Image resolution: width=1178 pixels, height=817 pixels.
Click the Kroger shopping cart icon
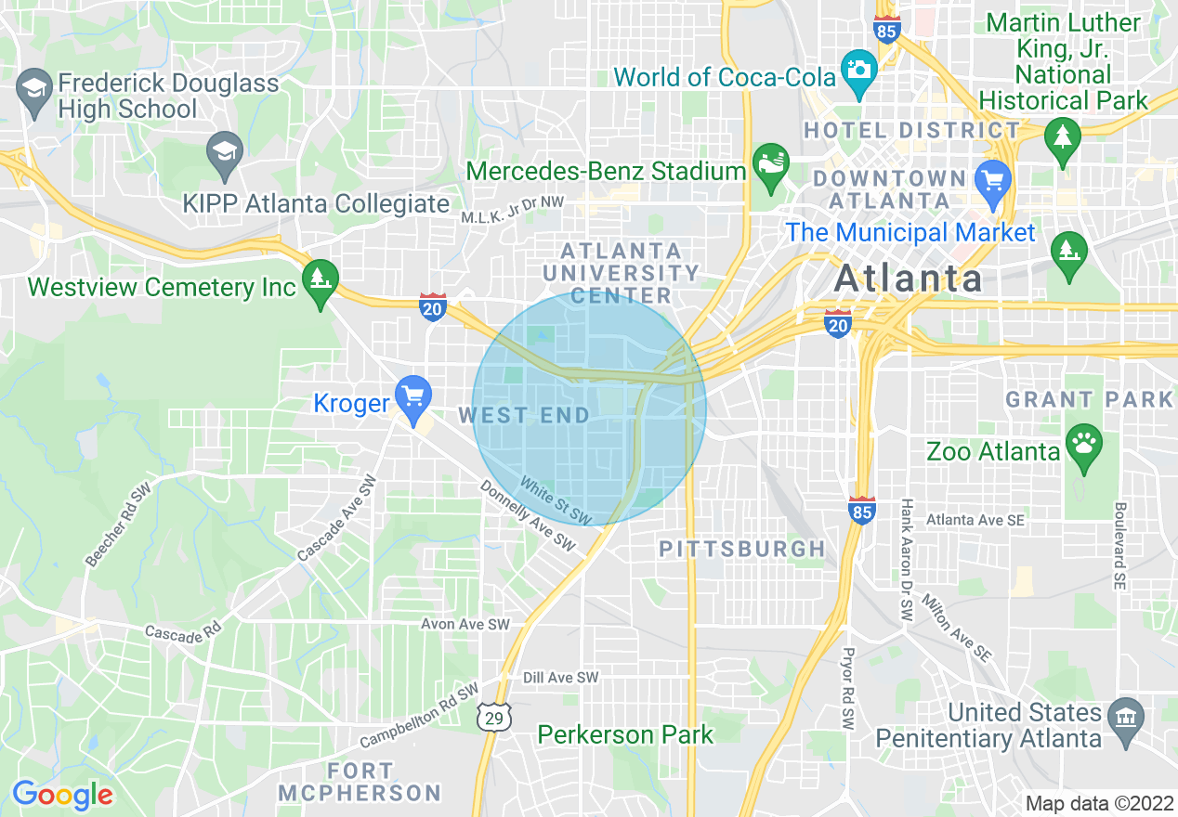pyautogui.click(x=413, y=396)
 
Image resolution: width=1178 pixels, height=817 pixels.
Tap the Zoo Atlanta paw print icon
pyautogui.click(x=1083, y=442)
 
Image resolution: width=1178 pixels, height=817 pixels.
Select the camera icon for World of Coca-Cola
pyautogui.click(x=859, y=70)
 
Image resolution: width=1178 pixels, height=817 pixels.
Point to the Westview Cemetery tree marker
pyautogui.click(x=321, y=277)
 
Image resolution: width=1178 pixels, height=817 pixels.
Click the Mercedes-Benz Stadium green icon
pyautogui.click(x=770, y=163)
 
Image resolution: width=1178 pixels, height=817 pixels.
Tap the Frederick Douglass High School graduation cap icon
pyautogui.click(x=34, y=90)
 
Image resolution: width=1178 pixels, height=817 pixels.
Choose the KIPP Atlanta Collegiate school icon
pyautogui.click(x=224, y=149)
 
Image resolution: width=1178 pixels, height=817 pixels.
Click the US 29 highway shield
pyautogui.click(x=495, y=716)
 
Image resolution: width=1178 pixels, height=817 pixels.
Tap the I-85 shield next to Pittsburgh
pyautogui.click(x=862, y=510)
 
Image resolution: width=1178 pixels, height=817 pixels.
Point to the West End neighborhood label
pyautogui.click(x=524, y=415)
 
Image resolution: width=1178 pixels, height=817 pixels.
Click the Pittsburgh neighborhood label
pyautogui.click(x=742, y=549)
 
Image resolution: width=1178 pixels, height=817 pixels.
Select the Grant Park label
pyautogui.click(x=1090, y=400)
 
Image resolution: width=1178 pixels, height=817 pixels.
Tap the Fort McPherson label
pyautogui.click(x=360, y=782)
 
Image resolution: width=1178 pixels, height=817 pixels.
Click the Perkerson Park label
pyautogui.click(x=625, y=735)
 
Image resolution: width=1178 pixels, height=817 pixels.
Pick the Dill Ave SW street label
pyautogui.click(x=561, y=679)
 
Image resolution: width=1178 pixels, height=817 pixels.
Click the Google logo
pyautogui.click(x=62, y=795)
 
